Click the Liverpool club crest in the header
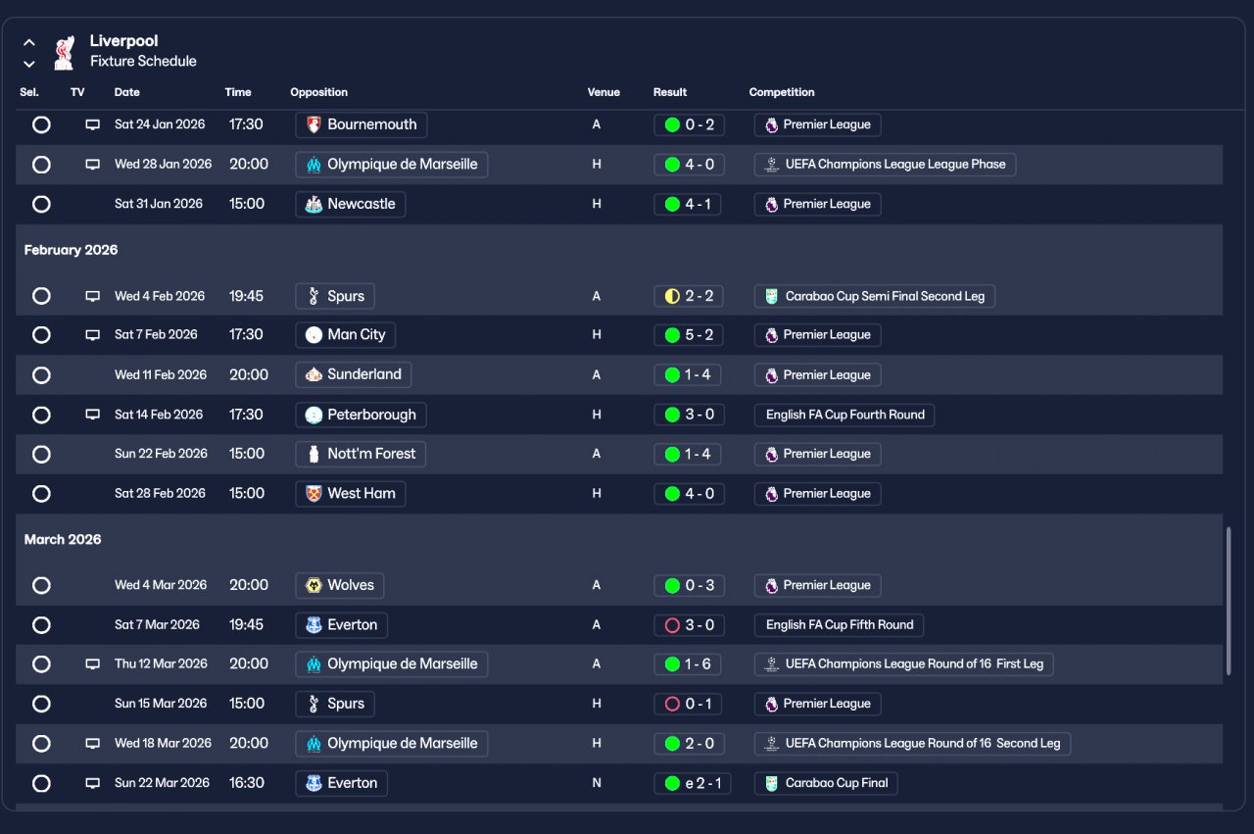[x=65, y=53]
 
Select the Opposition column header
[x=318, y=92]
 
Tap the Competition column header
[x=782, y=92]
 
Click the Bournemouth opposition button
[x=362, y=124]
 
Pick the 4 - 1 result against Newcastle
[x=688, y=204]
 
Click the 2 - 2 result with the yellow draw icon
[x=689, y=296]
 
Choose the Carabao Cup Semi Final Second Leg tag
[x=874, y=296]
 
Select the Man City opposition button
[x=346, y=334]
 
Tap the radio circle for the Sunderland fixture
[x=41, y=374]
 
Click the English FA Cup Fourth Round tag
[x=844, y=415]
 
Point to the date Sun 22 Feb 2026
[x=161, y=454]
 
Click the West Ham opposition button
[x=351, y=494]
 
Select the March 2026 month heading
[x=63, y=539]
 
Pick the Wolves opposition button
[x=340, y=585]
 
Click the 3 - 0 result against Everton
[x=689, y=625]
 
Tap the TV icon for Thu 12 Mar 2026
[x=93, y=664]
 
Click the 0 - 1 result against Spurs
[x=688, y=704]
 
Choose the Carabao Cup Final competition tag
[x=826, y=783]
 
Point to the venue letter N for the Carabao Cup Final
[x=597, y=783]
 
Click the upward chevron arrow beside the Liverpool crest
[x=29, y=42]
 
